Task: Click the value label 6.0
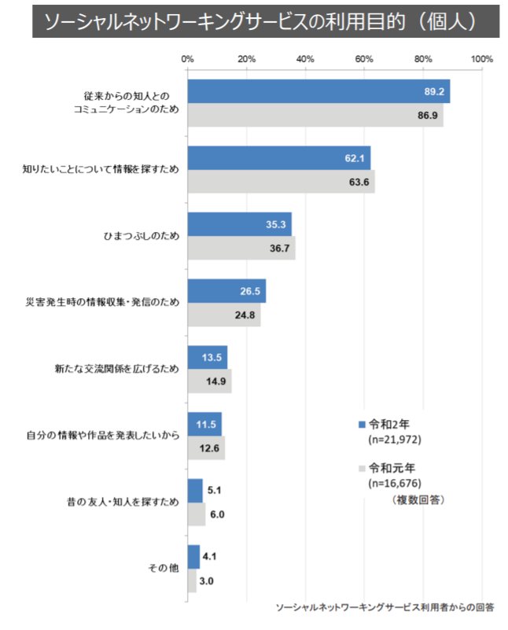click(x=217, y=514)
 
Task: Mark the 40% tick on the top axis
click(x=305, y=59)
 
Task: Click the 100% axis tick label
click(x=481, y=59)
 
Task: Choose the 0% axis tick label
click(x=187, y=59)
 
